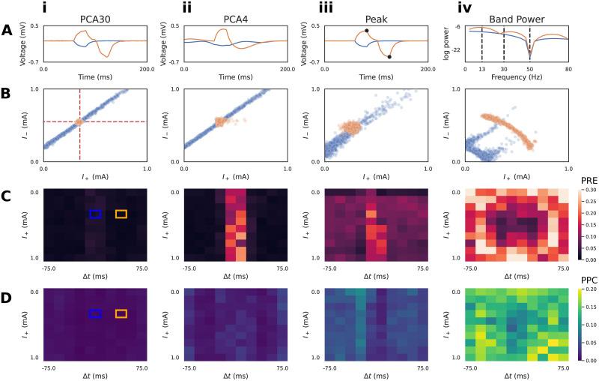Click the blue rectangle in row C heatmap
click(x=95, y=214)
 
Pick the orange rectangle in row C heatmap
click(x=121, y=214)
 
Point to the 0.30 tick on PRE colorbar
click(x=589, y=190)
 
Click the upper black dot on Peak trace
click(x=366, y=31)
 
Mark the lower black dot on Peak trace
click(x=389, y=56)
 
